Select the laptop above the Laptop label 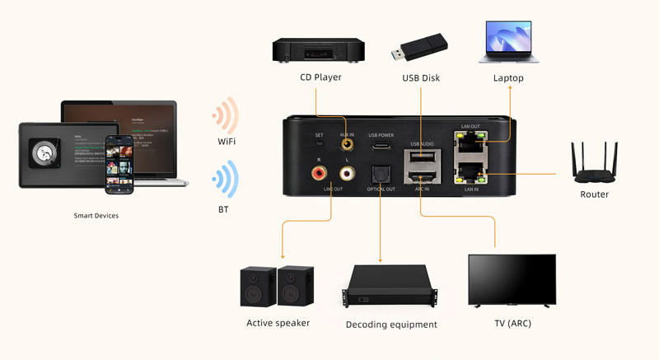pyautogui.click(x=508, y=43)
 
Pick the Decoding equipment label pyautogui.click(x=391, y=325)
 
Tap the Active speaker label pyautogui.click(x=278, y=323)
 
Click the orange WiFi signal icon pyautogui.click(x=225, y=115)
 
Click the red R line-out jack pyautogui.click(x=318, y=174)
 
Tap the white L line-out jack pyautogui.click(x=347, y=174)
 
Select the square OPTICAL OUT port pyautogui.click(x=381, y=174)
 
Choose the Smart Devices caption pyautogui.click(x=96, y=216)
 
